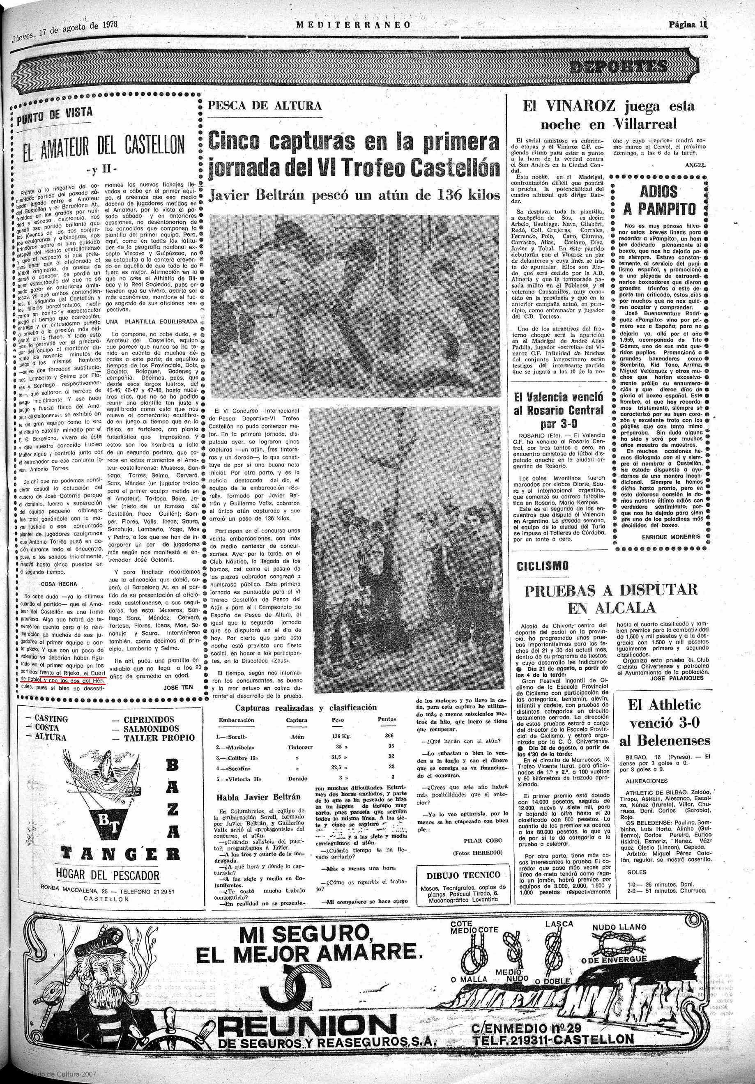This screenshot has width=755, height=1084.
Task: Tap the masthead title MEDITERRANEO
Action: pyautogui.click(x=353, y=25)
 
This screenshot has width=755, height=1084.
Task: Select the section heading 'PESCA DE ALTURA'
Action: pyautogui.click(x=265, y=105)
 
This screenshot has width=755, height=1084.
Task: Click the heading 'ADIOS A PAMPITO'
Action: pyautogui.click(x=659, y=200)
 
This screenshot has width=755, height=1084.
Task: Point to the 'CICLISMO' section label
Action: pyautogui.click(x=543, y=566)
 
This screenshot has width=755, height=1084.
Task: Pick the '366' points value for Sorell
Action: pyautogui.click(x=389, y=735)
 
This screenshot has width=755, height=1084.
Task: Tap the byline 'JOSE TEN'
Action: pyautogui.click(x=177, y=687)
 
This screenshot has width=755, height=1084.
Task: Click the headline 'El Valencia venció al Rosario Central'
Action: pyautogui.click(x=558, y=404)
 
